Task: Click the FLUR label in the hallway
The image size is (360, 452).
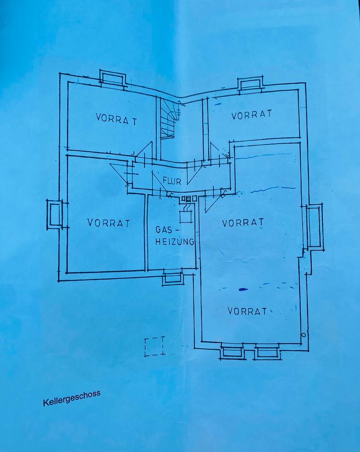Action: (172, 181)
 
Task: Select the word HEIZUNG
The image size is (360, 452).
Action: (175, 241)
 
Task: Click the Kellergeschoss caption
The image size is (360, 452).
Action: (72, 398)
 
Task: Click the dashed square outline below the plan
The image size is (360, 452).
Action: (155, 346)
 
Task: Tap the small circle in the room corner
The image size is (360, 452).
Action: (303, 335)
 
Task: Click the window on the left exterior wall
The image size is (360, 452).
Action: (55, 215)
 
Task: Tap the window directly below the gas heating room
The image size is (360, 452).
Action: (172, 277)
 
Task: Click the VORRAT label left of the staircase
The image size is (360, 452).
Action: (116, 119)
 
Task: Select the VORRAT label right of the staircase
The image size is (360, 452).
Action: (251, 115)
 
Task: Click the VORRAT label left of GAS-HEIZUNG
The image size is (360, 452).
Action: (109, 223)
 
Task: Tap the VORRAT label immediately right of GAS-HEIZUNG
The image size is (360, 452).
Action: (243, 222)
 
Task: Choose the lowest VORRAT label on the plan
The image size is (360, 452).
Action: (247, 311)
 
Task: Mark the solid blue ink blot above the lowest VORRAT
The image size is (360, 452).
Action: (243, 290)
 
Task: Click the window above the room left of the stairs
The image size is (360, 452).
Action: (112, 78)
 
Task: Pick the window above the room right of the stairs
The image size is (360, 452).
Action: (250, 85)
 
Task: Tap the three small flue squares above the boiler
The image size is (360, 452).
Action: (189, 199)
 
